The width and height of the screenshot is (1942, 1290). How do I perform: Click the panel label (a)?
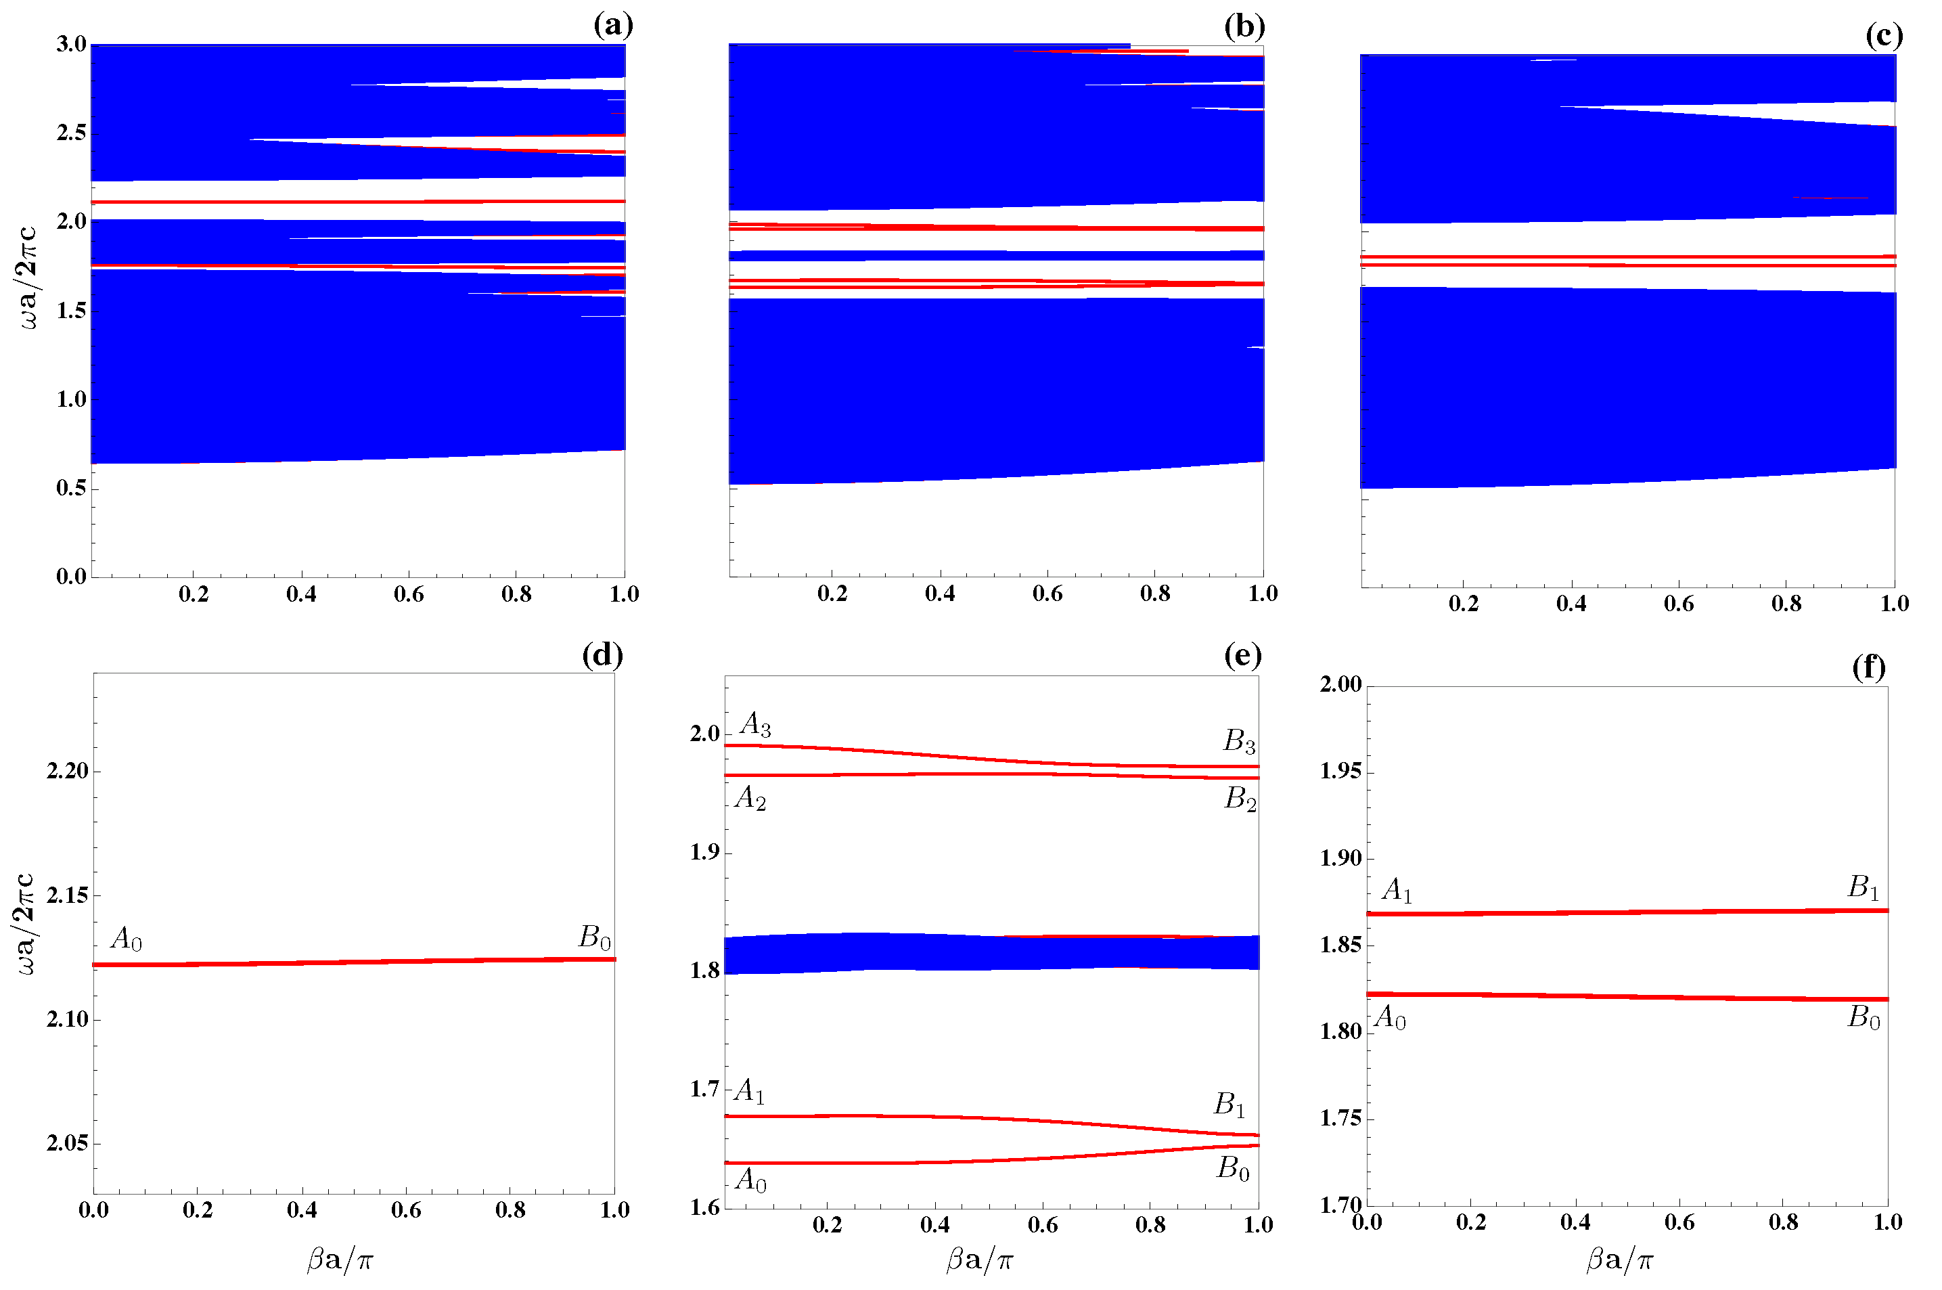[x=613, y=26]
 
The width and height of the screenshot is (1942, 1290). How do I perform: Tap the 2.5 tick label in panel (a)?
[x=72, y=133]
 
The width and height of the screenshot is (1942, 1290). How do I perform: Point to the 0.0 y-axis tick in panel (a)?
[x=72, y=576]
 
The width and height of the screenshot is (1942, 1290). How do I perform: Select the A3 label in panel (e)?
[x=755, y=724]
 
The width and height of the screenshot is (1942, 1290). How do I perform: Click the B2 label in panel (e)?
[x=1240, y=799]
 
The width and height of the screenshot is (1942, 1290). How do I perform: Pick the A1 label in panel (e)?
[x=749, y=1092]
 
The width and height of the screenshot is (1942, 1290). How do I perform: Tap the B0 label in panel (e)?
[x=1233, y=1168]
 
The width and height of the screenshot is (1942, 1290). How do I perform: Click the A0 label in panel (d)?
[x=126, y=938]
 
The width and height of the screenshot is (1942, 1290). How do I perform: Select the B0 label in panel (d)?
[x=595, y=937]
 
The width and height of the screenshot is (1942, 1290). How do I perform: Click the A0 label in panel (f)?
[x=1390, y=1019]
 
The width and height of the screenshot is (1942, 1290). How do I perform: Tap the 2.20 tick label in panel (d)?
[x=68, y=771]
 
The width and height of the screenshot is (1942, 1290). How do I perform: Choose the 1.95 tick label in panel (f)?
[x=1340, y=771]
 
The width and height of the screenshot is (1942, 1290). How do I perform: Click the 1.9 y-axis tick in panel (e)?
[x=705, y=852]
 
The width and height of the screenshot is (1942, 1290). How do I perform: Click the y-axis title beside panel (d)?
[x=26, y=924]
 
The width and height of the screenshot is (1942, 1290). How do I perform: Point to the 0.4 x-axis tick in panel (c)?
[x=1571, y=604]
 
